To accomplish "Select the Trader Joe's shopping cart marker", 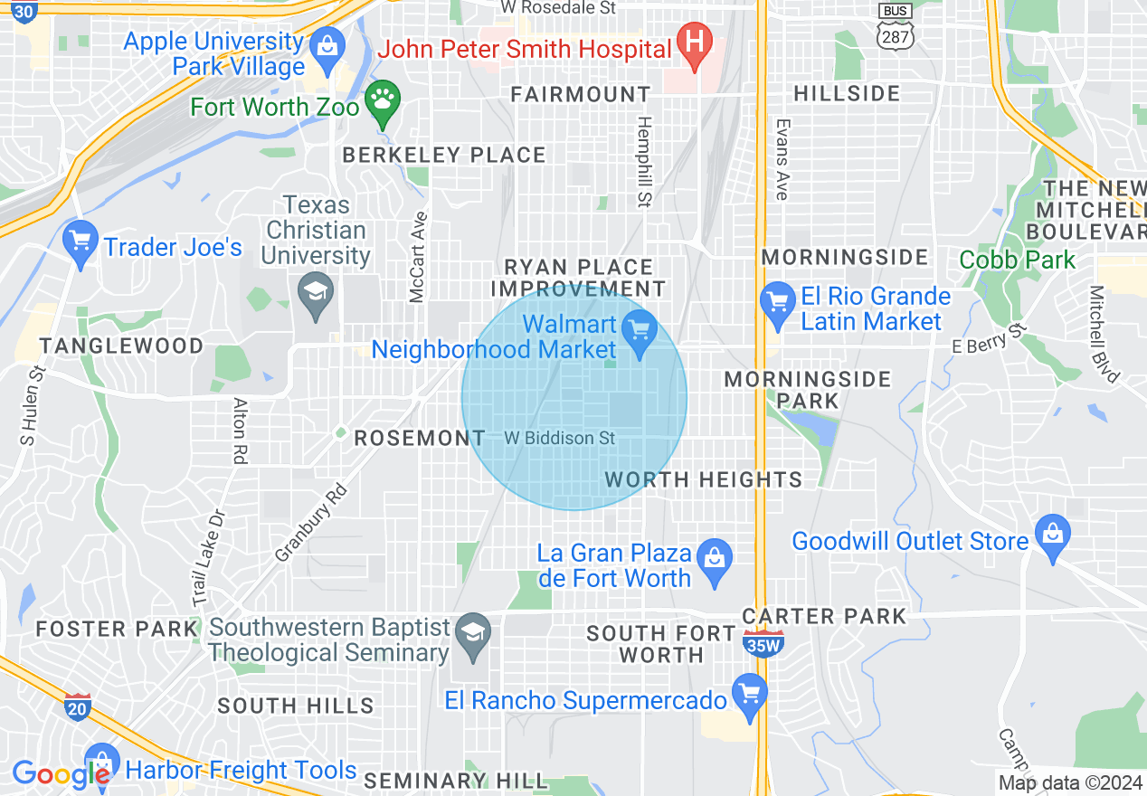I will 81,243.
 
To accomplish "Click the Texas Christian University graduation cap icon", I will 316,293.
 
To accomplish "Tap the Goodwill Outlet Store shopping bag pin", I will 1052,535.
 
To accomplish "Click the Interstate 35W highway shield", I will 763,643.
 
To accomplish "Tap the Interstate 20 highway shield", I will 78,706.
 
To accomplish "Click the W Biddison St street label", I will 559,438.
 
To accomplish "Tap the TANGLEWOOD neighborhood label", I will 122,346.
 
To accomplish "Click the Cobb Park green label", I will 1018,261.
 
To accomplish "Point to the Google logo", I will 60,774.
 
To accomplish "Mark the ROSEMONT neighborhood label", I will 420,439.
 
